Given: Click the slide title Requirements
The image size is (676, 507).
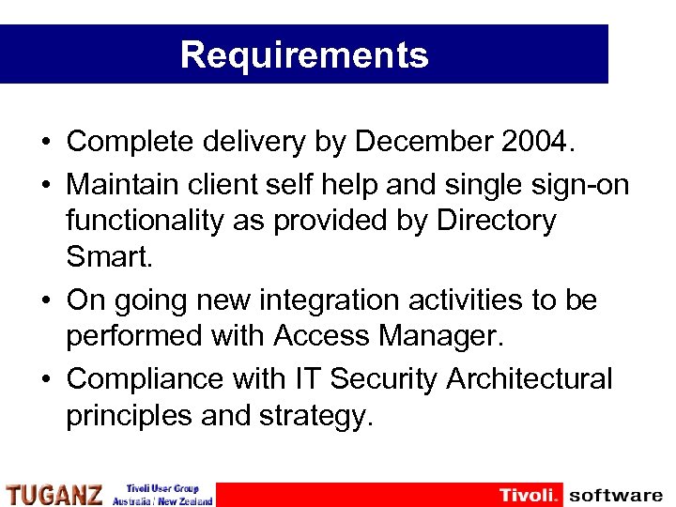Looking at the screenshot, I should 304,54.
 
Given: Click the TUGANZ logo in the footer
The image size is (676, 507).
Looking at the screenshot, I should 54,495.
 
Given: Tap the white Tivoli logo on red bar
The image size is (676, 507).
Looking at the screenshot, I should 530,495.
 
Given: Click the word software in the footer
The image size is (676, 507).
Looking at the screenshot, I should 615,495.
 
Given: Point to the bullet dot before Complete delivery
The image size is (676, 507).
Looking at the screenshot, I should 46,143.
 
